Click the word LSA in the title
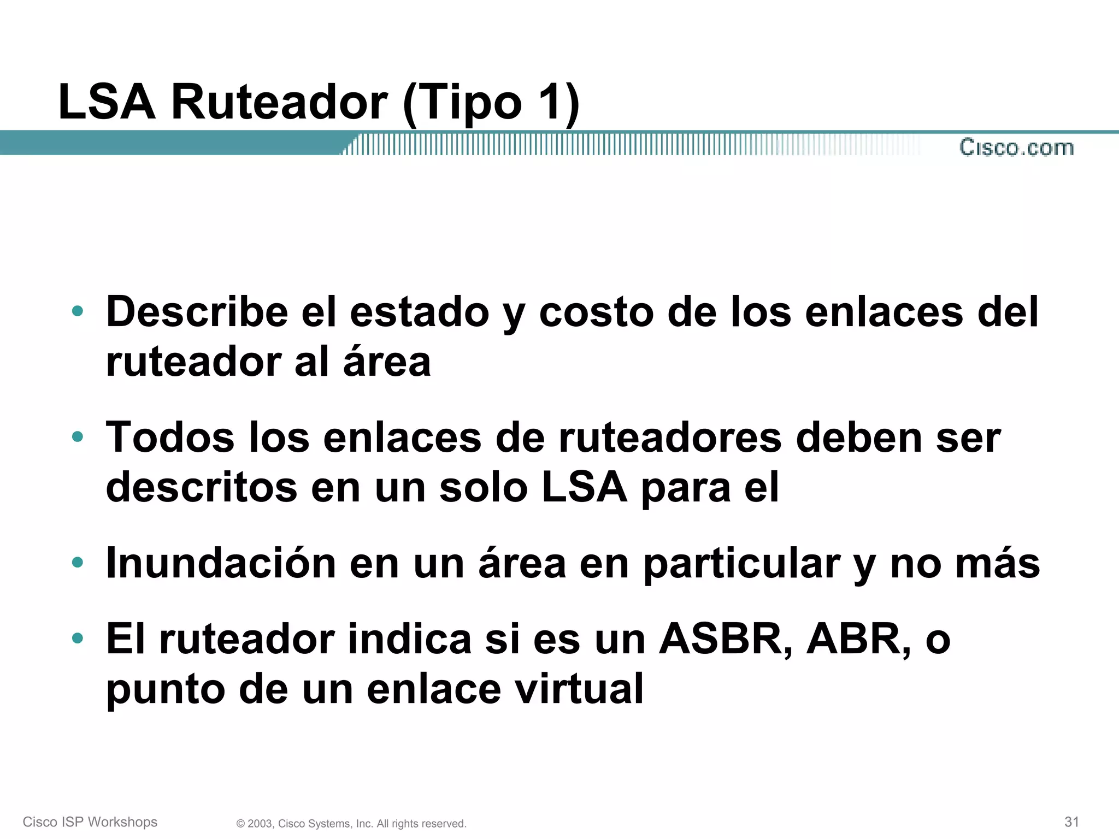pyautogui.click(x=107, y=102)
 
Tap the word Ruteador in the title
pyautogui.click(x=279, y=102)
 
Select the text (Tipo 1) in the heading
pyautogui.click(x=491, y=103)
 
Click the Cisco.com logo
pyautogui.click(x=1016, y=147)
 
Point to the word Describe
pyautogui.click(x=197, y=312)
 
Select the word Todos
pyautogui.click(x=170, y=438)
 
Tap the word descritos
pyautogui.click(x=201, y=487)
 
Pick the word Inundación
pyautogui.click(x=221, y=563)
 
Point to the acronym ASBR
pyautogui.click(x=725, y=639)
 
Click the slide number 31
pyautogui.click(x=1071, y=822)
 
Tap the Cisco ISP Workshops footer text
pyautogui.click(x=90, y=822)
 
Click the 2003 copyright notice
pyautogui.click(x=351, y=824)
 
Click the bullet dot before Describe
pyautogui.click(x=78, y=311)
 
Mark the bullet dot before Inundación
pyautogui.click(x=78, y=562)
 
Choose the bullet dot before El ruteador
pyautogui.click(x=78, y=637)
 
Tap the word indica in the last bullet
pyautogui.click(x=410, y=639)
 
